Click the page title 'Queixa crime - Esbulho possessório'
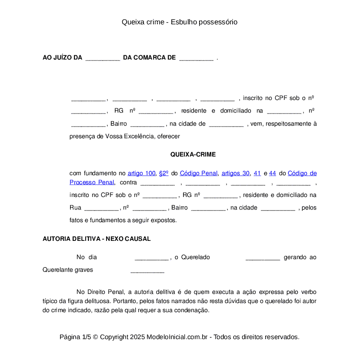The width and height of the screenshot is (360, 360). coord(180,22)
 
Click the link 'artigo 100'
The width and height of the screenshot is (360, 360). coord(141,173)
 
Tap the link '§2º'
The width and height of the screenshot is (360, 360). coord(163,173)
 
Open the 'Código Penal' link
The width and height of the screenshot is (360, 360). coord(199,173)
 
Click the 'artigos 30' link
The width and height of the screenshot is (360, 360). coord(236,173)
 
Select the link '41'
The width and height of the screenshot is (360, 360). coord(257,173)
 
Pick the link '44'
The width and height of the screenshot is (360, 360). coord(273,173)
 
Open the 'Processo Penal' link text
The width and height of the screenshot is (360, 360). coord(92,182)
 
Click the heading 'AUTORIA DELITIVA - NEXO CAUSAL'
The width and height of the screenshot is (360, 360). coord(97,239)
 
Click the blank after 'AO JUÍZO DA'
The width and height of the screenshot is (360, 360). coord(103,58)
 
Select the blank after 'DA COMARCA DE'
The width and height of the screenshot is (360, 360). coord(196,58)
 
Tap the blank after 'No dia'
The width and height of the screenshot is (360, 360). coord(152,257)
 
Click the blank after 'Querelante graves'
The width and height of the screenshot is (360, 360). coord(147,270)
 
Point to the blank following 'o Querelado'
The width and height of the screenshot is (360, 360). coord(263,257)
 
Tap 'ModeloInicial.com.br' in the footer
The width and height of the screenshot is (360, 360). coord(178,337)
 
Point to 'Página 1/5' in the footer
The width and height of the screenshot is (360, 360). coord(75,337)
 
